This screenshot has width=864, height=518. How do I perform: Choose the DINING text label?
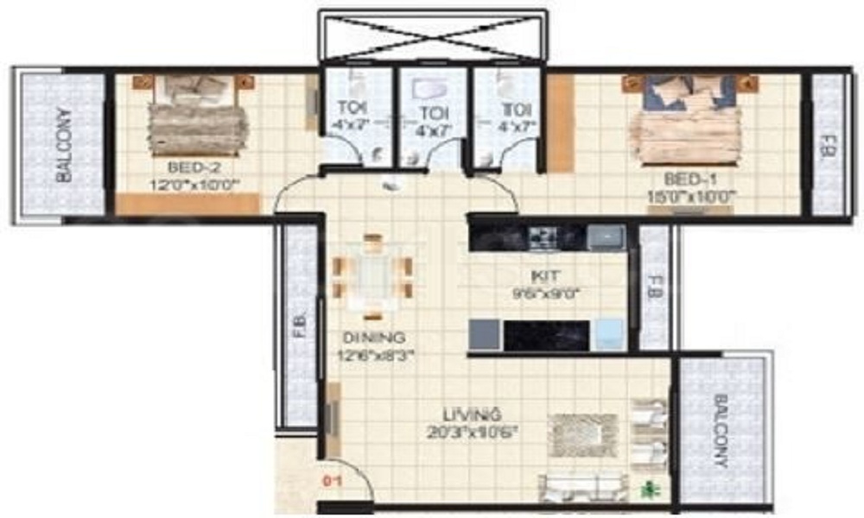coord(374,337)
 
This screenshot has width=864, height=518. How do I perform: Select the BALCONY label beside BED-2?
coord(63,143)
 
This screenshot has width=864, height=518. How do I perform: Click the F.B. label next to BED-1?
coord(829,143)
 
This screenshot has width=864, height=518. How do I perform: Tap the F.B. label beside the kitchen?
coord(654,287)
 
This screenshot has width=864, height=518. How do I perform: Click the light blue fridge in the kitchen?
coord(610,334)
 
